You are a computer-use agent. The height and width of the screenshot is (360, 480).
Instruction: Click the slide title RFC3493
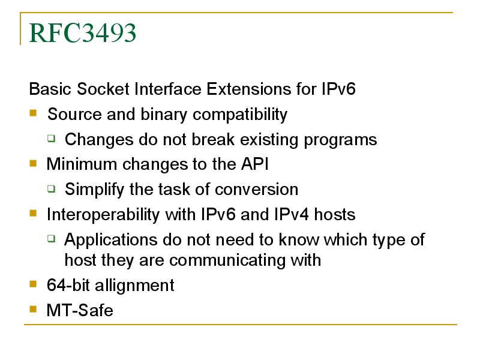click(x=82, y=33)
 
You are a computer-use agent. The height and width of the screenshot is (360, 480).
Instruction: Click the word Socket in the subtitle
click(x=103, y=89)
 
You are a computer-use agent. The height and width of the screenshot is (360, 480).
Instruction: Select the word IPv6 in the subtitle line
click(x=338, y=89)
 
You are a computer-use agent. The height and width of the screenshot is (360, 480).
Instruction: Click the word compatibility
click(x=240, y=115)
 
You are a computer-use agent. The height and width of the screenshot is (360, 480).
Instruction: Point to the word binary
click(x=164, y=115)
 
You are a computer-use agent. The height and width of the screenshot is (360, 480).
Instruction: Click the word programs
click(x=340, y=140)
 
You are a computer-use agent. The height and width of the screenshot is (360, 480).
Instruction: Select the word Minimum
click(x=82, y=164)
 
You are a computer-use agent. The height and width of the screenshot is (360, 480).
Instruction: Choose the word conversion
click(x=257, y=189)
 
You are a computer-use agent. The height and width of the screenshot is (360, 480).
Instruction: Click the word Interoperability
click(x=103, y=215)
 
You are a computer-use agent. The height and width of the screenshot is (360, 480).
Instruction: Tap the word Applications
click(x=110, y=239)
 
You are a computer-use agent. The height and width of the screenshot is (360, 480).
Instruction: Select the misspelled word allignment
click(x=134, y=286)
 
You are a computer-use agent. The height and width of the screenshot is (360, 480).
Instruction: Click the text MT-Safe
click(x=80, y=310)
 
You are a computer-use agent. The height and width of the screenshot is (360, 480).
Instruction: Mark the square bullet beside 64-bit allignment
click(x=33, y=284)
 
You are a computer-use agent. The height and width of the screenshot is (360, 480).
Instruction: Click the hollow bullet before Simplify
click(x=52, y=188)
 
